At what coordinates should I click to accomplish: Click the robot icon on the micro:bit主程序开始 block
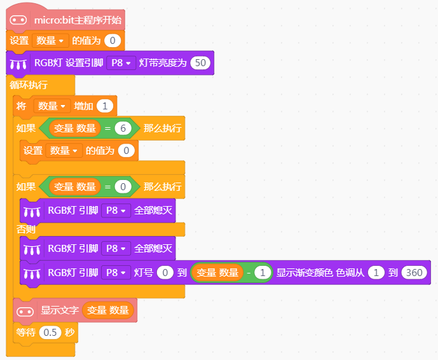pos(18,20)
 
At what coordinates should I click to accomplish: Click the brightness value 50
pos(200,63)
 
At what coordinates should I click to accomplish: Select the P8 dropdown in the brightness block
pos(121,63)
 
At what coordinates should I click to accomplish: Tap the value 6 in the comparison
pos(123,128)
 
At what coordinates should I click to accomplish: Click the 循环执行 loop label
pos(29,85)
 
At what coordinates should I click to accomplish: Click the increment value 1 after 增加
pos(105,106)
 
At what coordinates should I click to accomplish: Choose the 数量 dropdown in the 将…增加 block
pos(51,106)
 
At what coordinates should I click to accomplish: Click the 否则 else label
pos(25,230)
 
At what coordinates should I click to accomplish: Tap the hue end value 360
pos(414,272)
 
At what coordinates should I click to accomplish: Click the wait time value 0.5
pos(50,332)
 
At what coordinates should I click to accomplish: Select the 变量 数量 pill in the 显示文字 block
pos(108,310)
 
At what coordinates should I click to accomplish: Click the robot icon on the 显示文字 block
pos(25,312)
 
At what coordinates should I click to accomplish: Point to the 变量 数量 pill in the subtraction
pos(217,272)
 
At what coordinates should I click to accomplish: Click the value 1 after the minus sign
pos(263,272)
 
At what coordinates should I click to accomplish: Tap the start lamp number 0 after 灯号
pos(165,272)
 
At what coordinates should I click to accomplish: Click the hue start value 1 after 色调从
pos(376,272)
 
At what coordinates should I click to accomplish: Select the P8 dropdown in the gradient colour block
pos(116,272)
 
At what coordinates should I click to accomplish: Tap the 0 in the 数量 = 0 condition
pos(123,187)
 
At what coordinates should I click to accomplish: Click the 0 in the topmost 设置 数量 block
pos(113,41)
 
